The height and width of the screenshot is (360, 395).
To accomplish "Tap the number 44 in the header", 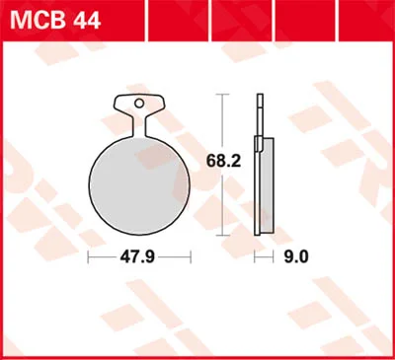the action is click(87, 20).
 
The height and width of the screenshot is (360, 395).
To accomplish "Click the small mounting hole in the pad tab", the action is click(139, 104).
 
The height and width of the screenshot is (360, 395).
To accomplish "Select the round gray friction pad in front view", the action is click(139, 185).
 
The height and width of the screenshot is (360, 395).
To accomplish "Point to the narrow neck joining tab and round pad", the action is click(139, 126).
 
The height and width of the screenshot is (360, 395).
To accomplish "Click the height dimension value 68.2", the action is click(223, 161).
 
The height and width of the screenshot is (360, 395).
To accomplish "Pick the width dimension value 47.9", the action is click(137, 256).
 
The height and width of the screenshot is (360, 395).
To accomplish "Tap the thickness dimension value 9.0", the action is click(296, 256).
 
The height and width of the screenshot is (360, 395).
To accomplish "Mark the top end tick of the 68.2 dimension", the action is click(222, 94).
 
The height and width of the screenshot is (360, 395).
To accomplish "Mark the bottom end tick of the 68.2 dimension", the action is click(222, 236).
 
